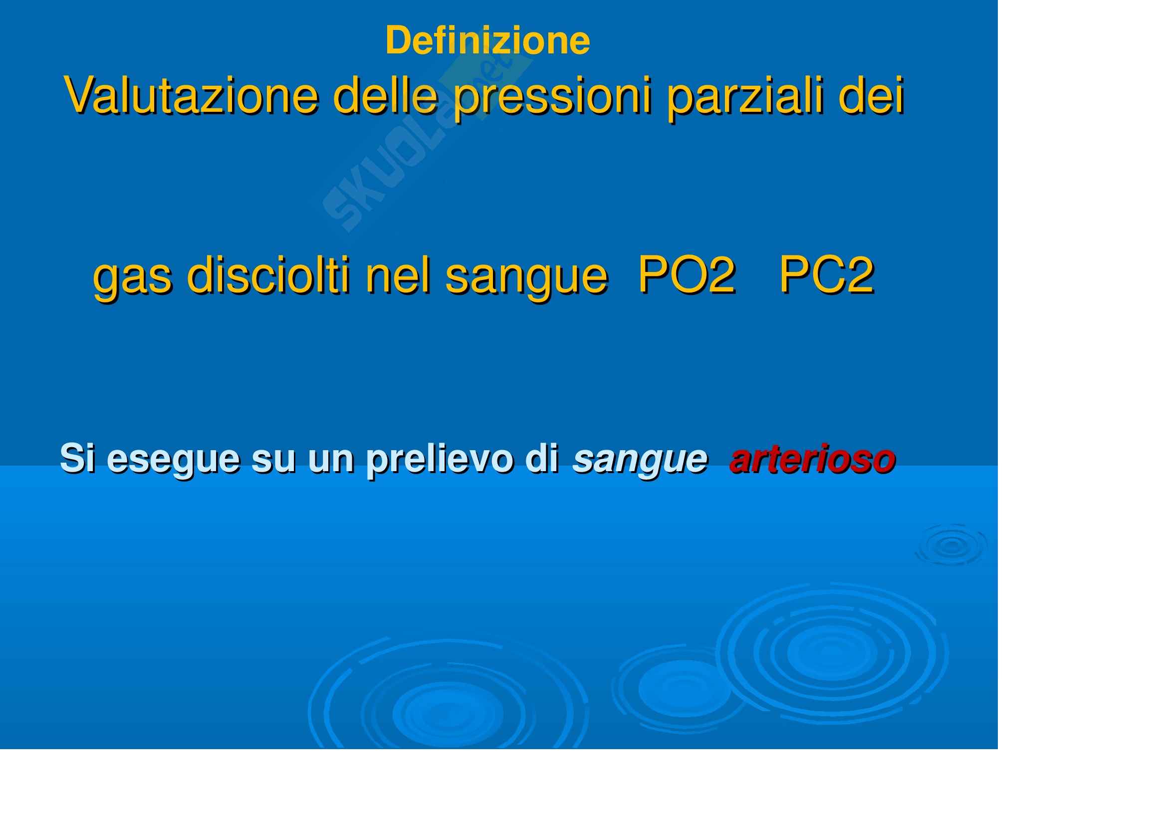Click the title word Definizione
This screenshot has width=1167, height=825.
pyautogui.click(x=487, y=40)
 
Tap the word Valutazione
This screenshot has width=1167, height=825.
pyautogui.click(x=192, y=95)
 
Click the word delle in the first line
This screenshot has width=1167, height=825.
pyautogui.click(x=386, y=95)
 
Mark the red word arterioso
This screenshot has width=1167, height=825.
pyautogui.click(x=812, y=460)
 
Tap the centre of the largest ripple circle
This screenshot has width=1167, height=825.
pyautogui.click(x=832, y=653)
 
